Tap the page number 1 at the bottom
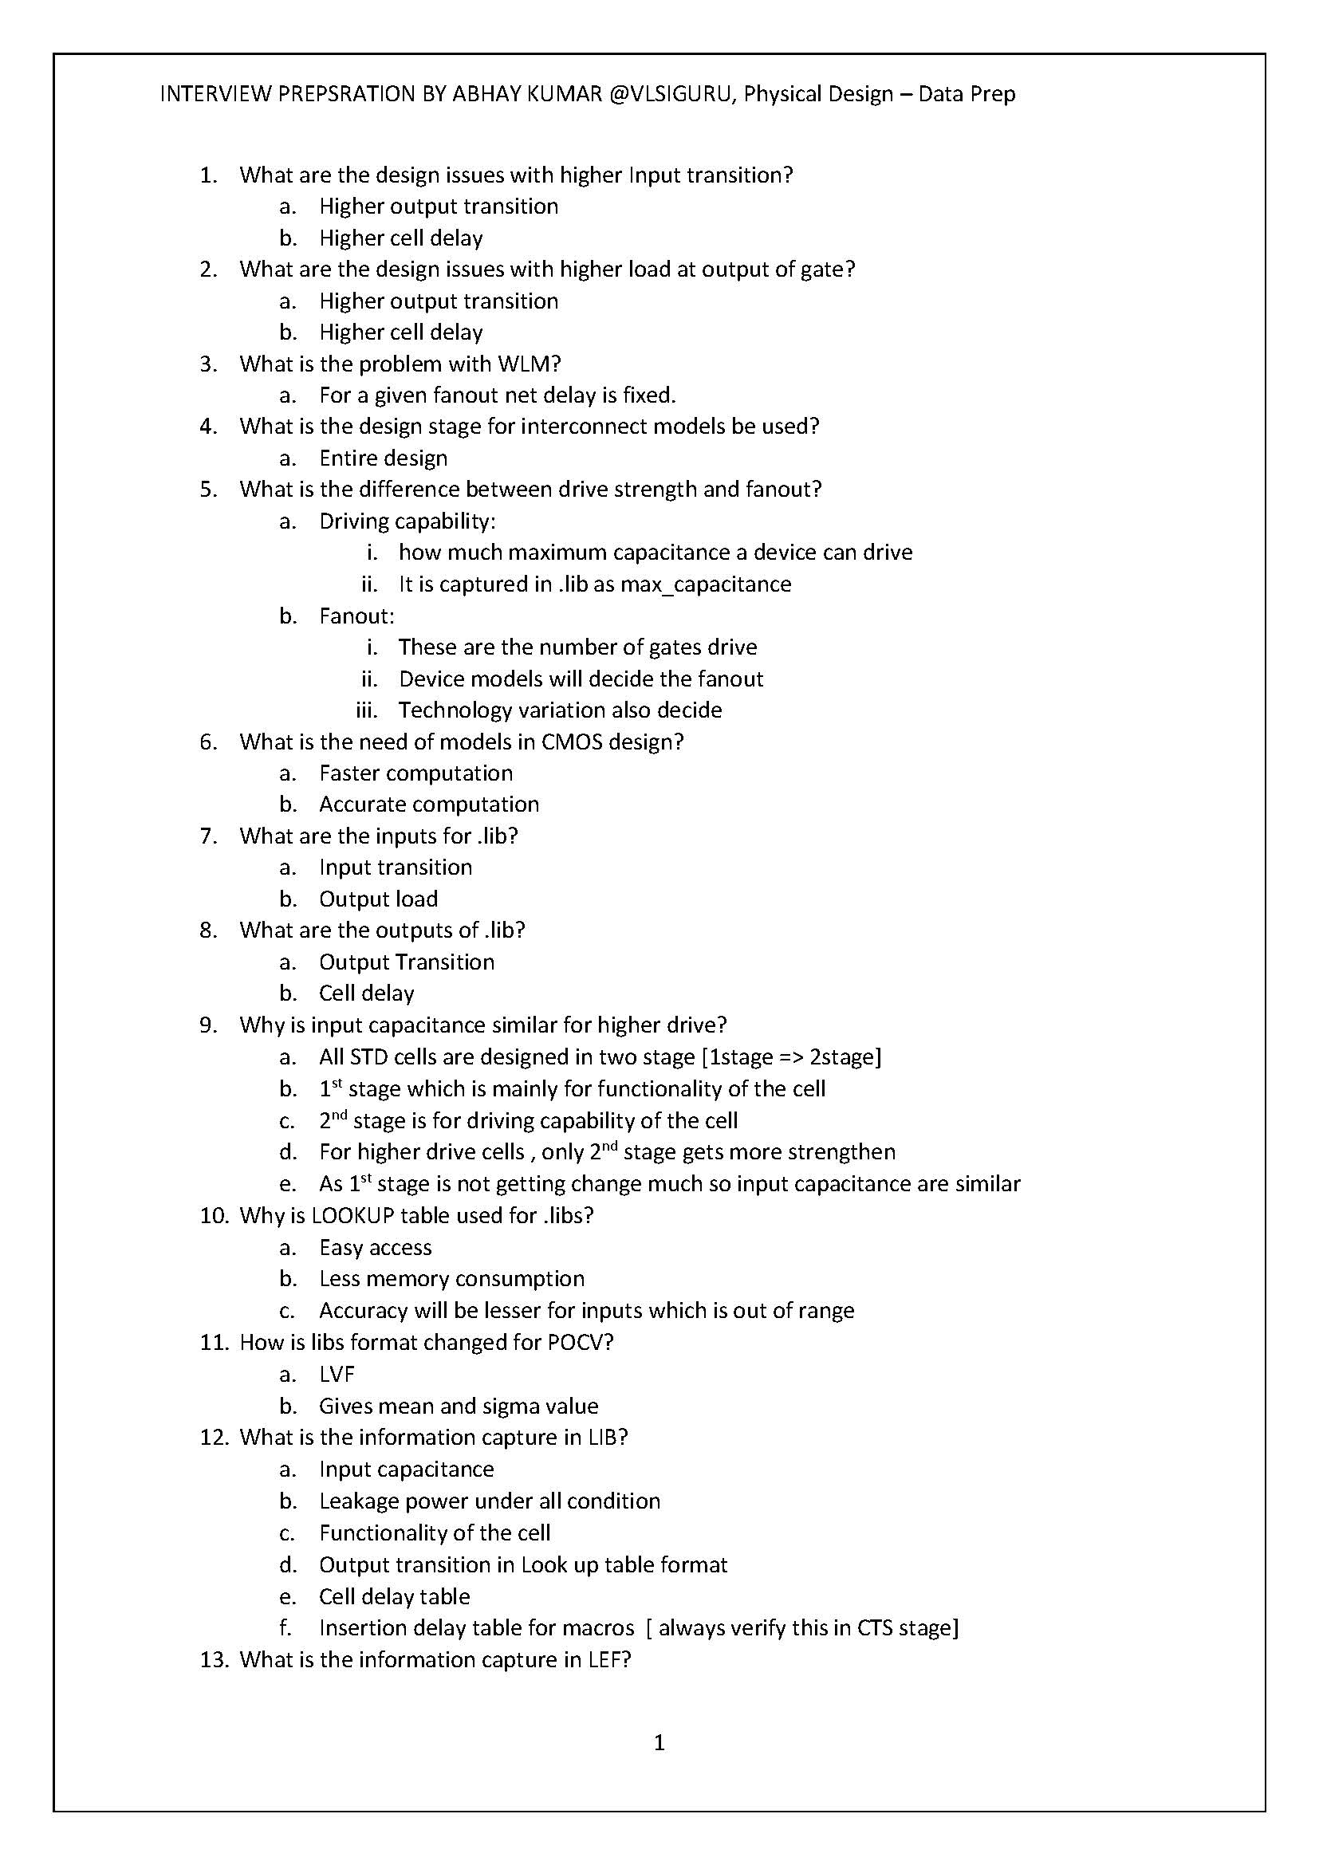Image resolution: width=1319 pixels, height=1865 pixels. (659, 1743)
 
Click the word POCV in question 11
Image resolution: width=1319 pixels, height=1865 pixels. (576, 1342)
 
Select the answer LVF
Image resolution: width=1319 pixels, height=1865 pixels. (337, 1374)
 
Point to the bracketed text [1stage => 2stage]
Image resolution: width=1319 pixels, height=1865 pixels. (791, 1056)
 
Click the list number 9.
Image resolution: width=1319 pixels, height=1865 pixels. (208, 1025)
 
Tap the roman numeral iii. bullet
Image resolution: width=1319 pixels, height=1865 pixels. (366, 710)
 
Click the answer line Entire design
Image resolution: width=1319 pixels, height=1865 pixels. (383, 458)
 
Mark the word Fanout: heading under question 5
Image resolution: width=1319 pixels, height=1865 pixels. (356, 616)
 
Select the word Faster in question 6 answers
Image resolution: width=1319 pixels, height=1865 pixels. (351, 773)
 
